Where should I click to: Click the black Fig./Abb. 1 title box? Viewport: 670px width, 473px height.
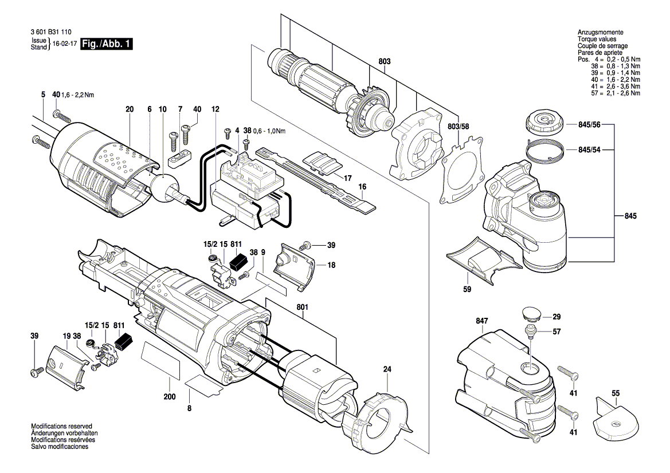[107, 44]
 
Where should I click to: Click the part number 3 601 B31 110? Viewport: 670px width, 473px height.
[51, 32]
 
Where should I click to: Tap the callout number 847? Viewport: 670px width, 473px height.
[481, 321]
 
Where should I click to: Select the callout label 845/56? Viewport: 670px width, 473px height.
[589, 125]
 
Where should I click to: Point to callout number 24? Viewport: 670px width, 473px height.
[387, 369]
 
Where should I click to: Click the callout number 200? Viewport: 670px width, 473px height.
[169, 397]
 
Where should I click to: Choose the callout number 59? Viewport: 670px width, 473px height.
[467, 289]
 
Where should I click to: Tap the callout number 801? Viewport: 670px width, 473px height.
[301, 307]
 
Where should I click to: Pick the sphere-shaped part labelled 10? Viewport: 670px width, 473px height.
[164, 186]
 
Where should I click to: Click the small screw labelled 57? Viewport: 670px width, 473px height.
[531, 331]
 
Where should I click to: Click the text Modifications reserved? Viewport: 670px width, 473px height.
[61, 427]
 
